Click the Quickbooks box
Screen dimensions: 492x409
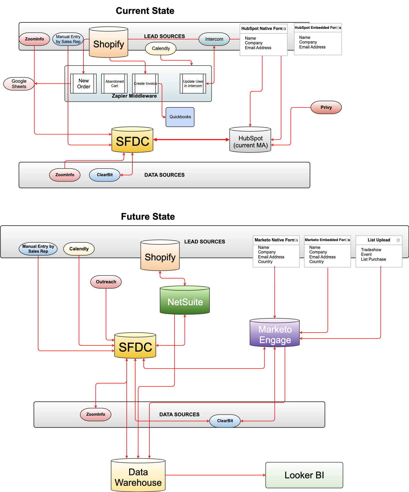click(180, 117)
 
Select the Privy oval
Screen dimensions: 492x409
click(326, 107)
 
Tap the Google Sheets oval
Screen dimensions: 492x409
click(19, 84)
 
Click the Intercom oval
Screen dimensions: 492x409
click(214, 39)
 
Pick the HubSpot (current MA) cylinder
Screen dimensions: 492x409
click(250, 140)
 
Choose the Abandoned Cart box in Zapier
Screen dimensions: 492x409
click(114, 83)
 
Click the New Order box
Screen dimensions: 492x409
click(83, 83)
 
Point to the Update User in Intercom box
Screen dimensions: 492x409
click(193, 83)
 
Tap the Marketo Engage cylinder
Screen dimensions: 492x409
click(275, 334)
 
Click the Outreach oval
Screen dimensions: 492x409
click(106, 282)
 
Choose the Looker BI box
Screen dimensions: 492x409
click(304, 475)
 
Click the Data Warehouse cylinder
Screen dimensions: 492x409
click(138, 477)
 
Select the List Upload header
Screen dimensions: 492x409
click(379, 240)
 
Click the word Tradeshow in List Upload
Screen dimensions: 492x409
click(371, 250)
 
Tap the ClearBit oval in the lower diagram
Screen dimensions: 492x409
click(225, 421)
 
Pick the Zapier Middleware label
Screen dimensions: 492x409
click(134, 96)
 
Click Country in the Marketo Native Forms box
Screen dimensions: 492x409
click(265, 262)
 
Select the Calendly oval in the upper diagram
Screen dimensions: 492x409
click(161, 48)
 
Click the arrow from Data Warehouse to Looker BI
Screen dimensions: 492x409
click(215, 475)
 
